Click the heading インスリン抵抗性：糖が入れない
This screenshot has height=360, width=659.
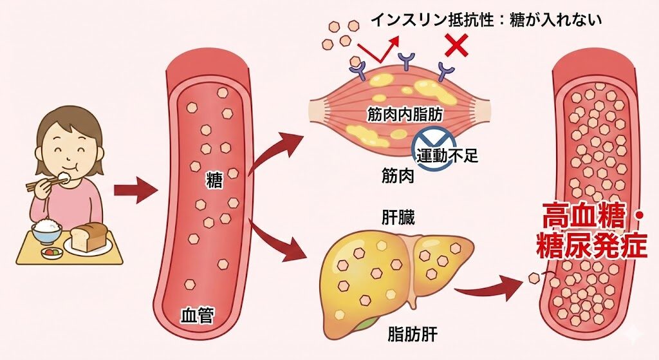[486, 19]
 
